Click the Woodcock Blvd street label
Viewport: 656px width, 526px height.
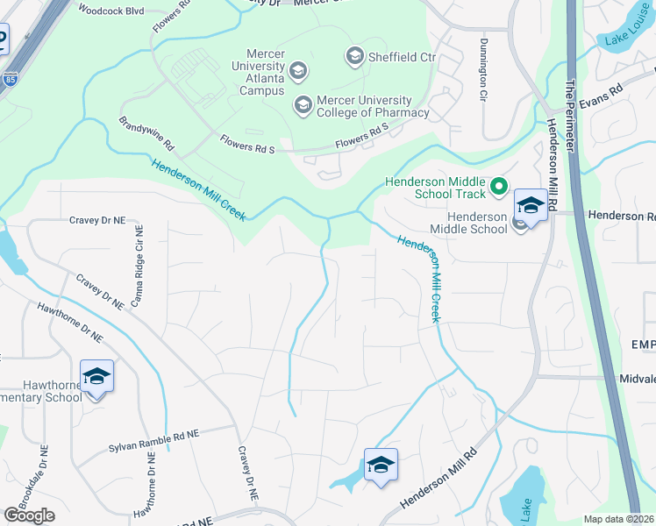[x=110, y=11]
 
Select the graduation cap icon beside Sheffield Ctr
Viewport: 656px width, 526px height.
[x=355, y=57]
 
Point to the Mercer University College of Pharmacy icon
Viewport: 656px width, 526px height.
[x=303, y=106]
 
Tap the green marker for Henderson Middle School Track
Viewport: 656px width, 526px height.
[x=499, y=186]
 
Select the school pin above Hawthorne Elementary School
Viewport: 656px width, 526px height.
[x=96, y=377]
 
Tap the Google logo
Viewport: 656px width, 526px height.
[x=29, y=515]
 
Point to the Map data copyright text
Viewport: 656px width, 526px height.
[x=619, y=519]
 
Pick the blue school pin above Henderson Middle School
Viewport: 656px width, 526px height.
[x=530, y=206]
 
